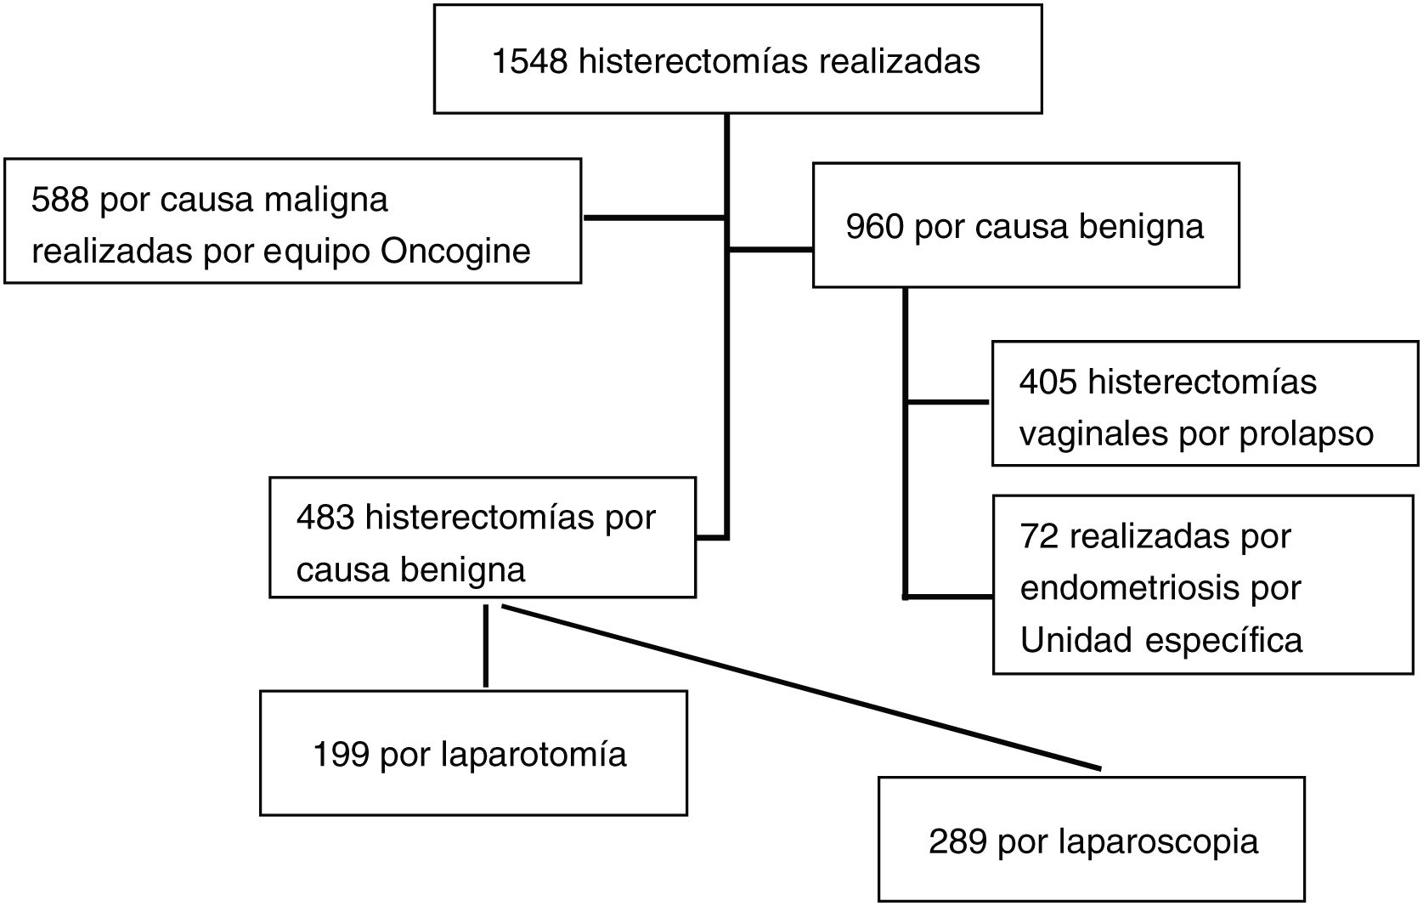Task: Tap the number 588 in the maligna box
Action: point(59,201)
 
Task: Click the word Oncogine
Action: point(455,252)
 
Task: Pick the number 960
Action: point(874,227)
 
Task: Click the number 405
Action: point(1047,382)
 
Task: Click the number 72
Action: point(1038,537)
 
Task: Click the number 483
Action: point(325,518)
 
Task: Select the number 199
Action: point(341,755)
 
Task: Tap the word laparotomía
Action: point(534,755)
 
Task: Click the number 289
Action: point(957,841)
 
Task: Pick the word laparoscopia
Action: point(1159,841)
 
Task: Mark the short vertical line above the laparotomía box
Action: point(485,646)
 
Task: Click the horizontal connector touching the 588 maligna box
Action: point(654,218)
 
